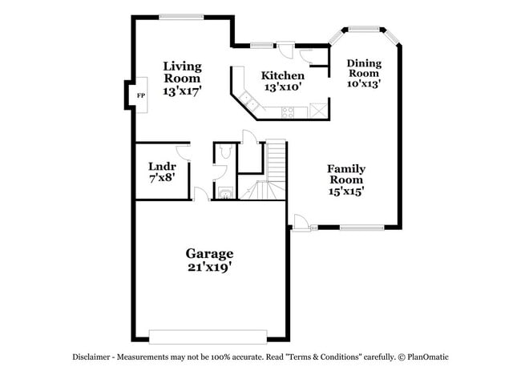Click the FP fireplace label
pos(141,96)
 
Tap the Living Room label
pos(182,72)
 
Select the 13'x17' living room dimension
pos(182,91)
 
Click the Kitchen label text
pos(283,76)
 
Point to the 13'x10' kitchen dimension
pos(282,87)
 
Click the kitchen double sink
pos(249,103)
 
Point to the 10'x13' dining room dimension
pos(363,83)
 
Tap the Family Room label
pos(346,175)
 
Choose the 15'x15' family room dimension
pos(346,192)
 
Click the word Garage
pos(210,254)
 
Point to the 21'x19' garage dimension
pos(210,268)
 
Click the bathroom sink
pos(225,192)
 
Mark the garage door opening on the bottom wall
pos(208,335)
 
